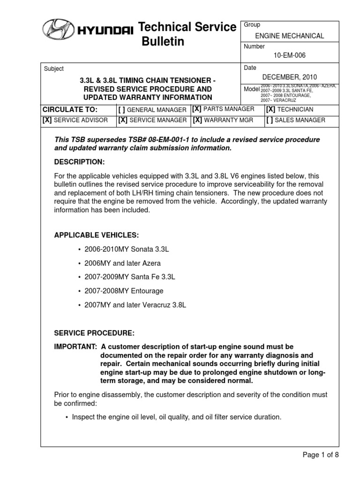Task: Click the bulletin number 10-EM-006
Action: (x=289, y=56)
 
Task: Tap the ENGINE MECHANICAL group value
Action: (x=289, y=36)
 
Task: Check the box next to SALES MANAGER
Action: (x=270, y=120)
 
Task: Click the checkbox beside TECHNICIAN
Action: (x=270, y=109)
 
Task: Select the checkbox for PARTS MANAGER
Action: (x=197, y=109)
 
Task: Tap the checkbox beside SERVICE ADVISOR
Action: (x=47, y=120)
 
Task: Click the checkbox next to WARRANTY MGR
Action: (x=197, y=120)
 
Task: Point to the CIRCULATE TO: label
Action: (x=70, y=109)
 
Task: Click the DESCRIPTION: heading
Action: (x=80, y=162)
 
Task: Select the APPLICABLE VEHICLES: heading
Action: (x=97, y=235)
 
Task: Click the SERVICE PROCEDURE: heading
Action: (x=94, y=333)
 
